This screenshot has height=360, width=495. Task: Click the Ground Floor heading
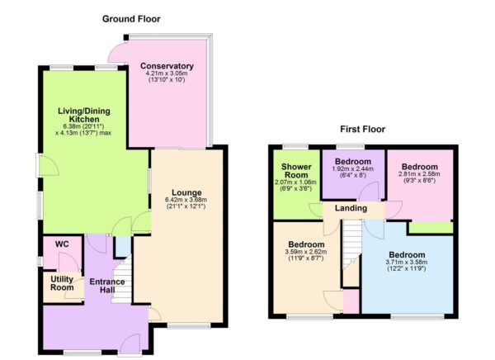tap(130, 18)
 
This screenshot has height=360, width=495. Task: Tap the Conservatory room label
tap(167, 66)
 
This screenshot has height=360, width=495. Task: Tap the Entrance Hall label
tap(107, 287)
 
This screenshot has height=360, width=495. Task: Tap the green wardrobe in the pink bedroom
tap(430, 227)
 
